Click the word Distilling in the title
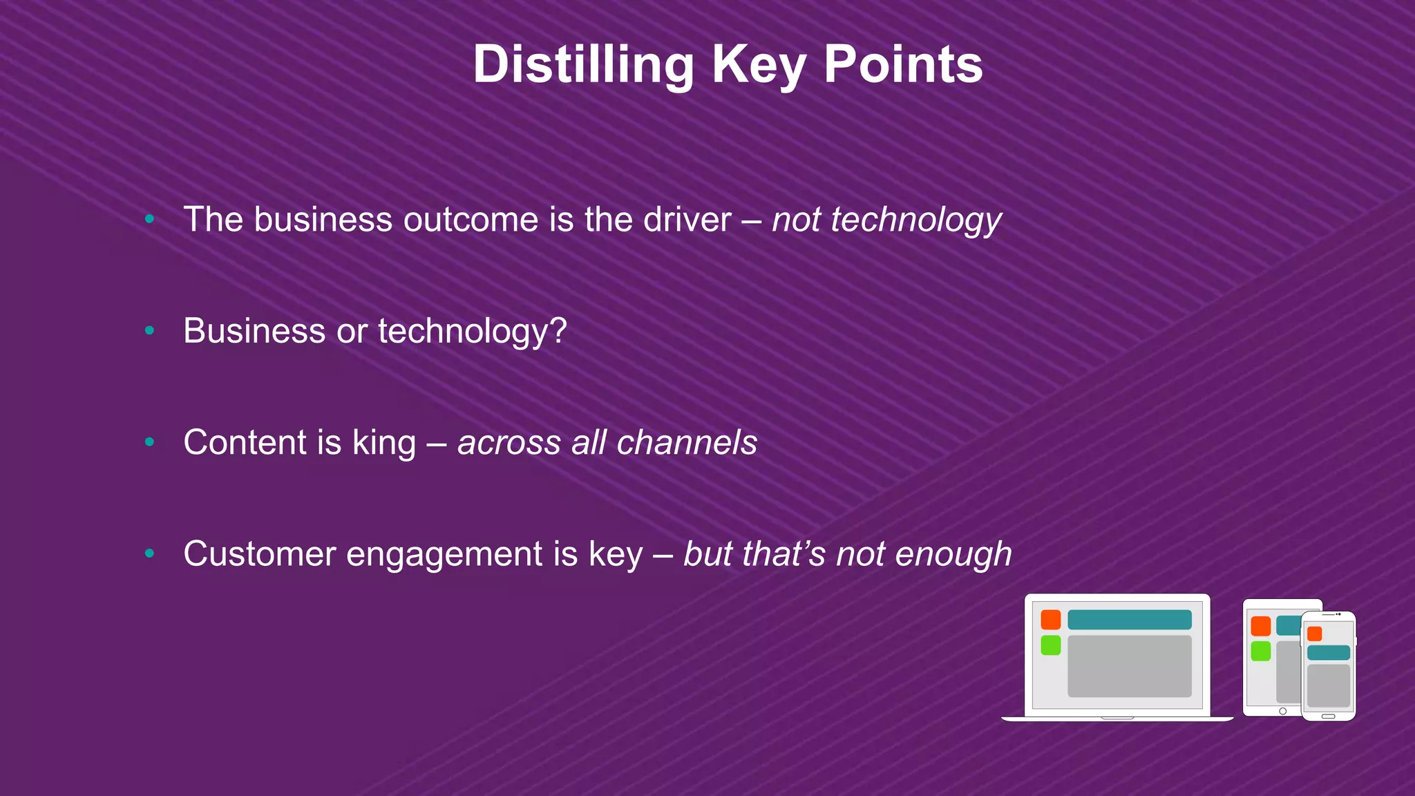point(583,65)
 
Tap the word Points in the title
point(903,65)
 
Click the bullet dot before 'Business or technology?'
point(149,331)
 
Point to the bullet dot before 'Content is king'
point(149,442)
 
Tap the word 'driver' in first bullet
point(687,220)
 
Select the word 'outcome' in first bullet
point(471,220)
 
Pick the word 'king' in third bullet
point(384,443)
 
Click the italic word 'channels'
point(687,442)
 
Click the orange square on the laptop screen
point(1051,620)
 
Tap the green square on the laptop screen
point(1051,645)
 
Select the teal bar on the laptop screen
point(1129,620)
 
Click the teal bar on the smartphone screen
point(1328,653)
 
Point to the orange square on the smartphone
point(1314,634)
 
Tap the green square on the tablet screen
point(1260,651)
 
